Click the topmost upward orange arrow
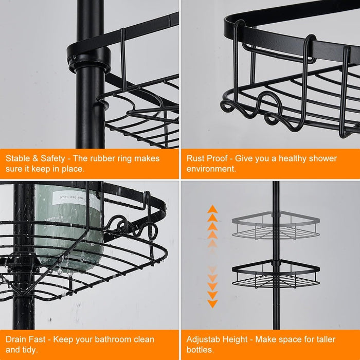212,209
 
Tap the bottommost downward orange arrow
212,303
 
